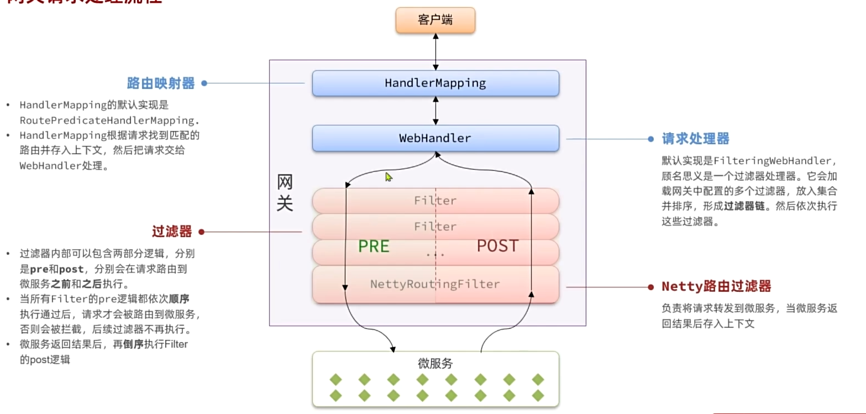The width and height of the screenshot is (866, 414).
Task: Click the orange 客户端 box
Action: [x=435, y=20]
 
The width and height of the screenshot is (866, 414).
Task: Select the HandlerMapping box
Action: [x=435, y=83]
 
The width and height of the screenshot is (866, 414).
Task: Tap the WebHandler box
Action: [x=435, y=138]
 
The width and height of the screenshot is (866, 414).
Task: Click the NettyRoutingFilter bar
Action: [x=435, y=284]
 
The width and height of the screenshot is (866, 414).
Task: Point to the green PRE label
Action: [x=374, y=246]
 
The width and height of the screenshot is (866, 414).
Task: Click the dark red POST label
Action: [x=497, y=246]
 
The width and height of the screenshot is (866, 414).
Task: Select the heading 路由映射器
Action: [x=161, y=83]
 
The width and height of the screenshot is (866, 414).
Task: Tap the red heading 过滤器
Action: [x=172, y=232]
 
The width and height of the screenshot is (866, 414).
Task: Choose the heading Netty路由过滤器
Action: [x=716, y=286]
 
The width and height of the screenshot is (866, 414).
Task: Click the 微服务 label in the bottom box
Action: [x=435, y=363]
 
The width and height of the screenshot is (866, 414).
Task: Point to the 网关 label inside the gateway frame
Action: [x=285, y=193]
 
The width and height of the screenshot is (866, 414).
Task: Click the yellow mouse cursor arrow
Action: [x=389, y=177]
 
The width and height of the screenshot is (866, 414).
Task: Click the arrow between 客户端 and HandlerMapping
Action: [x=436, y=51]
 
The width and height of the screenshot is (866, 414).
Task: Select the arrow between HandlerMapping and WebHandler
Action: [x=436, y=111]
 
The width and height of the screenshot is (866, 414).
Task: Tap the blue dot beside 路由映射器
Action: [x=204, y=83]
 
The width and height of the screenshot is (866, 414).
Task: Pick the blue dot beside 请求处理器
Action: [x=650, y=139]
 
